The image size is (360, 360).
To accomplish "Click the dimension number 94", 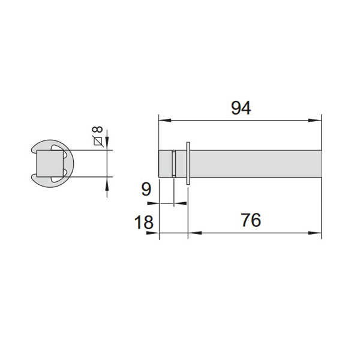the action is (x=241, y=108).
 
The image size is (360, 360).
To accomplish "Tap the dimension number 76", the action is (x=251, y=220).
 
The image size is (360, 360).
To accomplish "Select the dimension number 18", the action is (x=144, y=222).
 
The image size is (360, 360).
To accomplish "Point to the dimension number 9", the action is (x=146, y=190).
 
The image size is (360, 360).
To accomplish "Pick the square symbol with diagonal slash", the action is (x=98, y=141).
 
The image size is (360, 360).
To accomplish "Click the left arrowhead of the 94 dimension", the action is (x=165, y=121).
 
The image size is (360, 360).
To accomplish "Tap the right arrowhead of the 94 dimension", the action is (x=315, y=121).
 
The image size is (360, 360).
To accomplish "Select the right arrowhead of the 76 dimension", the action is (x=315, y=233).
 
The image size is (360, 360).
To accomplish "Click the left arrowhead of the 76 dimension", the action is (x=194, y=233).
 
